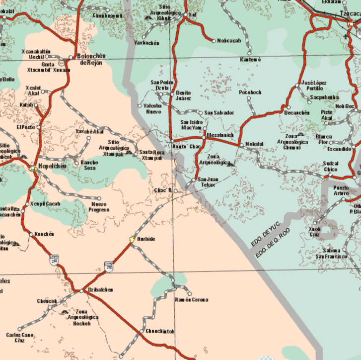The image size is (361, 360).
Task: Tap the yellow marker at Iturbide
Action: click(132, 240)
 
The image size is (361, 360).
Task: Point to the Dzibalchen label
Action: click(101, 290)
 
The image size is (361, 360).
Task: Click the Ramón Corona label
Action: click(192, 300)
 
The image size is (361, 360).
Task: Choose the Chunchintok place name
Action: click(160, 331)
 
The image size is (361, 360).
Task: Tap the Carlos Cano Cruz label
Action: click(20, 338)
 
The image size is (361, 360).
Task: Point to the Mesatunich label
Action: click(220, 135)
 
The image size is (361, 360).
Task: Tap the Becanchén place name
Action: click(297, 113)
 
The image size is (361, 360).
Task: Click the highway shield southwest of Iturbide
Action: click(108, 266)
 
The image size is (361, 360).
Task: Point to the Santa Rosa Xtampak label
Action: click(153, 155)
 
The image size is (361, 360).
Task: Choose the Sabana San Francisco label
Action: click(331, 253)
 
